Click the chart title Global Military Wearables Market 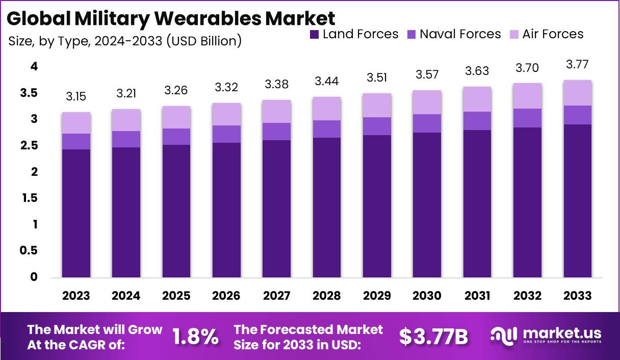pos(171,18)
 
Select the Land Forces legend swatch pos(315,35)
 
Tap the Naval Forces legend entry pos(454,35)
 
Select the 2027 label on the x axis pos(276,296)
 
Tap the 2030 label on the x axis pos(427,296)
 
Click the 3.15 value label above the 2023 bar pos(76,96)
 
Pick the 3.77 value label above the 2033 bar pos(578,65)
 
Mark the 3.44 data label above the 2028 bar pos(326,81)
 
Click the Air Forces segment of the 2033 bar pos(578,93)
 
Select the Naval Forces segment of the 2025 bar pos(176,137)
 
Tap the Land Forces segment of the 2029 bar pos(377,207)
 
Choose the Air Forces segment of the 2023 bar pos(76,123)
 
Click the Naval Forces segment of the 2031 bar pos(477,121)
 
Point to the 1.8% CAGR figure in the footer pos(196,337)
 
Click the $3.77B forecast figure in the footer pos(433,337)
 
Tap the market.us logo pos(546,336)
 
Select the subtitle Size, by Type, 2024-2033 pos(125,41)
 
